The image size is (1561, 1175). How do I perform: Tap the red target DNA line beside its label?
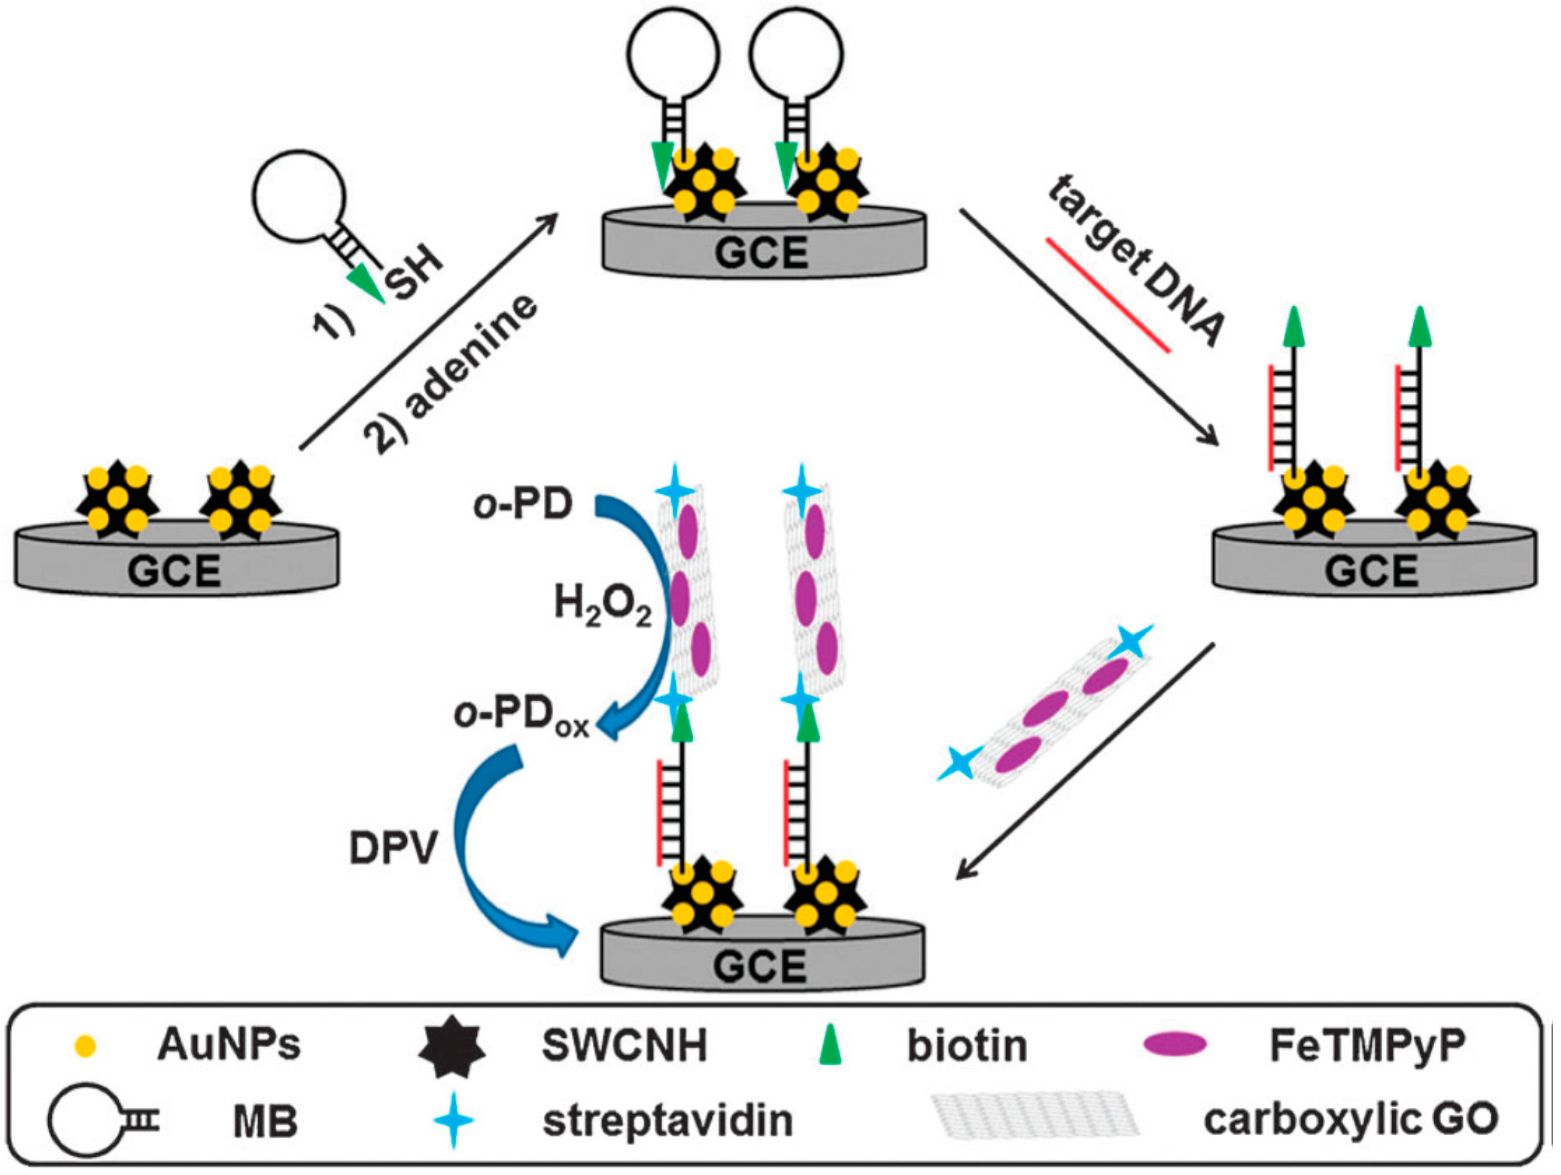[1108, 295]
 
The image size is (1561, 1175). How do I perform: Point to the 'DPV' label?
[394, 847]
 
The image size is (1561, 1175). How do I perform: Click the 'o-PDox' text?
[522, 717]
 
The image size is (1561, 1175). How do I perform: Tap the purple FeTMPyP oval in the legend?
[1175, 1044]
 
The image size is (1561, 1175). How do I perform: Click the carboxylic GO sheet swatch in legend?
[1034, 1115]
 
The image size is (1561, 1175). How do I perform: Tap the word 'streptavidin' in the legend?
[667, 1121]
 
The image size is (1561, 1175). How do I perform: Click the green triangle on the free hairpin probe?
[367, 282]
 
